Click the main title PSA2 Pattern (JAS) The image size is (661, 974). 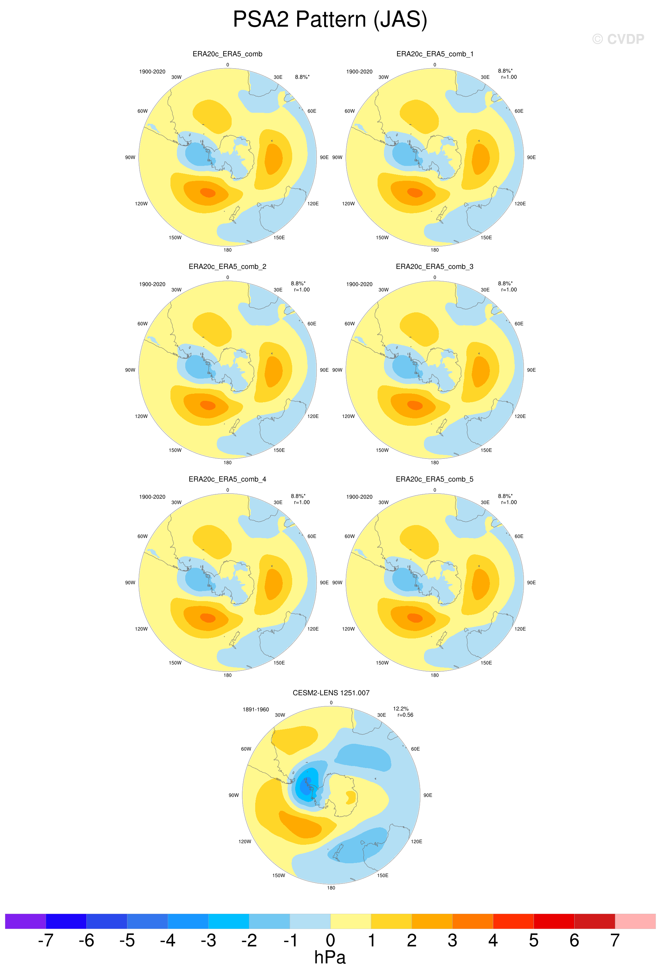click(330, 20)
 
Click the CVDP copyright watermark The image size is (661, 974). click(618, 39)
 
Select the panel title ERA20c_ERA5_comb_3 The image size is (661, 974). click(434, 267)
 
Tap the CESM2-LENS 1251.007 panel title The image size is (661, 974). click(331, 693)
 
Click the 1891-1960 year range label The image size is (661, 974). click(256, 709)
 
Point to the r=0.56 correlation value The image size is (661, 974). click(405, 715)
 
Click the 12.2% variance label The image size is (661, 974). click(401, 709)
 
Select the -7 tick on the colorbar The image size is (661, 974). click(46, 940)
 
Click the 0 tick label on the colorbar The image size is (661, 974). click(330, 940)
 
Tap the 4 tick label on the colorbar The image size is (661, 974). click(493, 940)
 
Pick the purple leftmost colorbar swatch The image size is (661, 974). click(25, 921)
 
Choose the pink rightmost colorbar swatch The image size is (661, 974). click(635, 921)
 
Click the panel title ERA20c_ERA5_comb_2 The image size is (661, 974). click(227, 267)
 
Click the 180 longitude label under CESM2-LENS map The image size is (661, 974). click(331, 888)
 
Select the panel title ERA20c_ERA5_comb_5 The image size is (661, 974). click(434, 479)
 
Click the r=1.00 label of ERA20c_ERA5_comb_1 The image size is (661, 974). click(509, 77)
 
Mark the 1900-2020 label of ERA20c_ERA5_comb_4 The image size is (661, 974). click(152, 497)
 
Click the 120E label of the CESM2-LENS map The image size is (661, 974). click(416, 841)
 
